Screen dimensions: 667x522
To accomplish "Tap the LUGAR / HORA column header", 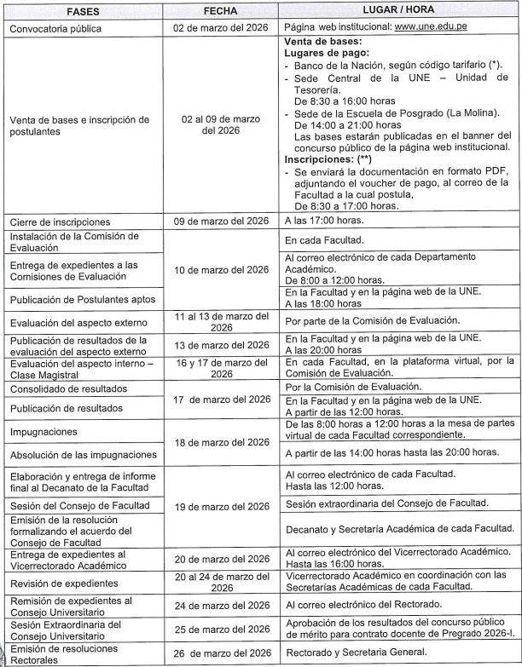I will pos(398,10).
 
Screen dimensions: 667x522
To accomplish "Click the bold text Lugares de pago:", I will pos(325,53).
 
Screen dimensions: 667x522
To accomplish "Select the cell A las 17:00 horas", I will pos(325,221).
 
